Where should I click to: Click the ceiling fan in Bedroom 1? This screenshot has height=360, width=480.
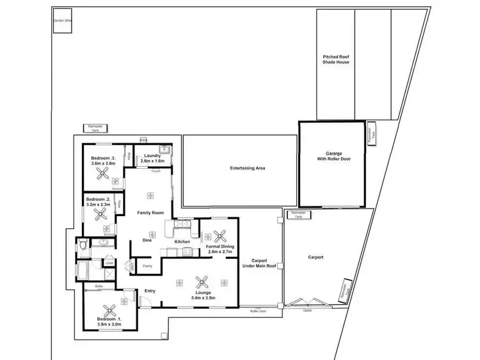pyautogui.click(x=109, y=311)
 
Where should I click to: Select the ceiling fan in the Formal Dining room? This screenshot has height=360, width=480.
pyautogui.click(x=221, y=236)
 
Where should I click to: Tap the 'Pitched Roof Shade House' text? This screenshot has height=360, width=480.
pyautogui.click(x=335, y=60)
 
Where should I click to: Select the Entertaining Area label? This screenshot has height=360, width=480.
pyautogui.click(x=248, y=168)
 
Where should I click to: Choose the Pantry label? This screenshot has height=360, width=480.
pyautogui.click(x=147, y=265)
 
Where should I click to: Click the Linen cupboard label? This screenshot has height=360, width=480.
pyautogui.click(x=109, y=263)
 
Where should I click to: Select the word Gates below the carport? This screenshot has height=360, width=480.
pyautogui.click(x=308, y=309)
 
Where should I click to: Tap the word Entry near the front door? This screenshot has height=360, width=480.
pyautogui.click(x=150, y=291)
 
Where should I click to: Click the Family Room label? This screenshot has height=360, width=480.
pyautogui.click(x=150, y=212)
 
